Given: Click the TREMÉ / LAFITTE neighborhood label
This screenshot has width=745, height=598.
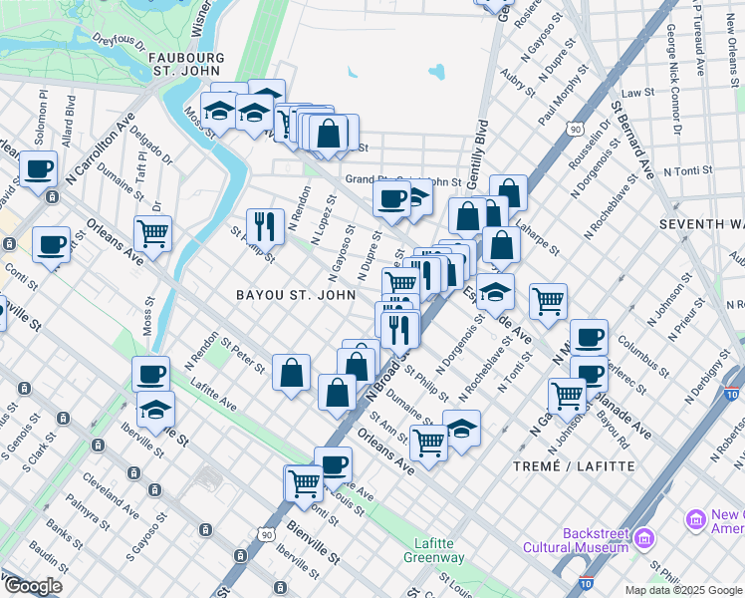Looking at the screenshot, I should [x=573, y=465].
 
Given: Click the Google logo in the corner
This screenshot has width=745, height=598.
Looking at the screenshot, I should [x=33, y=586].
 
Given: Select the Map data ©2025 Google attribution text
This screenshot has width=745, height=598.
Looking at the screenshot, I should [x=682, y=590].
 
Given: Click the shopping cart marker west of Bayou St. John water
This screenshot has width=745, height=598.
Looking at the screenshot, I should [x=153, y=233].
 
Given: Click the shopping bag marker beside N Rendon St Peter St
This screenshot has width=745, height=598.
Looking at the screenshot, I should [x=291, y=374].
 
